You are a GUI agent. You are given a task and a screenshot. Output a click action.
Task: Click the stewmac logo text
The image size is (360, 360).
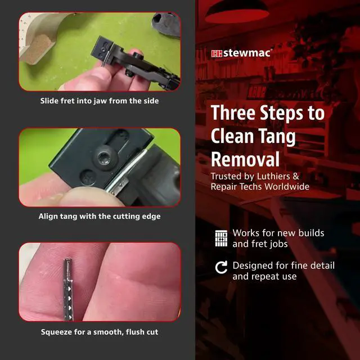pos(246,53)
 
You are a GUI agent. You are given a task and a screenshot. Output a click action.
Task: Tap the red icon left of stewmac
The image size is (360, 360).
pos(217,53)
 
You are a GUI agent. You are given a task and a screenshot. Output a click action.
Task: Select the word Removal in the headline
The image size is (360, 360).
pos(245,159)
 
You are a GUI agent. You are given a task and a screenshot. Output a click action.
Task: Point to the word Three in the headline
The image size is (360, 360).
pos(233,112)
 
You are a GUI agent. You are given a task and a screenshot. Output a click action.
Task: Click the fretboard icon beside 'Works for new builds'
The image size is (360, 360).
pos(221,238)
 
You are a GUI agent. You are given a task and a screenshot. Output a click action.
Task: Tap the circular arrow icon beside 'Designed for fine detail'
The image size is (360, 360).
pos(221,268)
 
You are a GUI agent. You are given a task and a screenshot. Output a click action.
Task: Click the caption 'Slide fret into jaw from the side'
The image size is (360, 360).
pos(100,101)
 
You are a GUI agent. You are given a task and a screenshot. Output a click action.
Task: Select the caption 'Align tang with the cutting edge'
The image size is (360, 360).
pos(100,216)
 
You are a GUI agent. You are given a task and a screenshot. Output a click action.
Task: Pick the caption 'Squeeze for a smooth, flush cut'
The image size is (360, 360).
pos(100,332)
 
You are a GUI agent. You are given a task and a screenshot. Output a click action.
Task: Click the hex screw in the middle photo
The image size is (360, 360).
pos(105,157)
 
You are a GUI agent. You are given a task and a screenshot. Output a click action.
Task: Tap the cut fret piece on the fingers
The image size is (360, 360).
pos(67,289)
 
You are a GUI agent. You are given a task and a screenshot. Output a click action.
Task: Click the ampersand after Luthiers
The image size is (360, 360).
pos(296,176)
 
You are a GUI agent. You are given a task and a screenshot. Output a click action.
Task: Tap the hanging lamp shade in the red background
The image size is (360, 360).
pos(237,12)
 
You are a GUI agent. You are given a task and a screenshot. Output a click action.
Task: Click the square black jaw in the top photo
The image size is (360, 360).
pos(102,49)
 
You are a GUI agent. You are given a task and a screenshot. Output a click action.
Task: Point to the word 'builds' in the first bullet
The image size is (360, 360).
pos(311,233)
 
